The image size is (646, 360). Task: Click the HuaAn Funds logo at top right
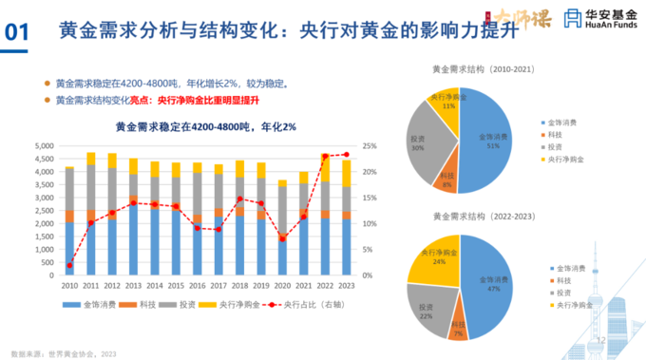(x=598, y=19)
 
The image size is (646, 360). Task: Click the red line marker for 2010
(x=68, y=265)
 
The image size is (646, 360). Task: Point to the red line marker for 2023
(x=346, y=154)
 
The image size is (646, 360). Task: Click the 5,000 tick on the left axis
(x=42, y=146)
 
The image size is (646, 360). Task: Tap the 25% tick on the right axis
(x=370, y=146)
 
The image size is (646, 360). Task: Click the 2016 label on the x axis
(x=197, y=284)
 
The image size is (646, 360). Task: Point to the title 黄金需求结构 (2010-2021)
(x=478, y=68)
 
